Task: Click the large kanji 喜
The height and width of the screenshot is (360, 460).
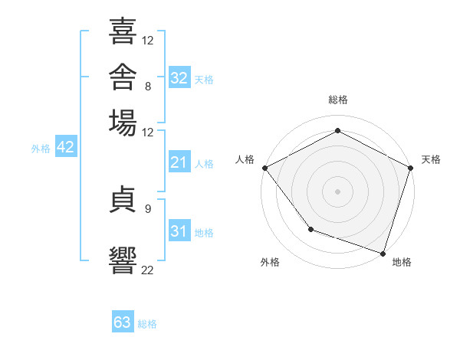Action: (123, 31)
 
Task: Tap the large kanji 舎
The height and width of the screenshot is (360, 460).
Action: (123, 77)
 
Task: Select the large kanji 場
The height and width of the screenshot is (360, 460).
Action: (123, 123)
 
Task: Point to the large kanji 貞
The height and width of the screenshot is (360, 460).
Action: (123, 199)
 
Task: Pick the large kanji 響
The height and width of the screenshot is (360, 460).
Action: (123, 260)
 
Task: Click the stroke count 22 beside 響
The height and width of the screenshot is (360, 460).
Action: (147, 270)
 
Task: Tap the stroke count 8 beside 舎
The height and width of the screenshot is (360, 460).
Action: (148, 87)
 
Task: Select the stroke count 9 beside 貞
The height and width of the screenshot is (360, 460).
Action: (148, 209)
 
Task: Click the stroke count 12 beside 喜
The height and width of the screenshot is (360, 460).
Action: (147, 41)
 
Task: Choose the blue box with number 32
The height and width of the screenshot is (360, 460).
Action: (179, 77)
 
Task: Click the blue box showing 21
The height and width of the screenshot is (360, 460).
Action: (179, 162)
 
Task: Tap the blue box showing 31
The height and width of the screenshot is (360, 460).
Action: (179, 230)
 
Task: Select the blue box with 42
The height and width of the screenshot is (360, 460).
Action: (66, 146)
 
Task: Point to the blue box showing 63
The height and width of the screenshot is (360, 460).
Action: (123, 321)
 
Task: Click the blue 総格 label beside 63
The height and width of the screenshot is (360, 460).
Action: (147, 324)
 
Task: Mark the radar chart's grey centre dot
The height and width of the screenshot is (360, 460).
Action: (337, 191)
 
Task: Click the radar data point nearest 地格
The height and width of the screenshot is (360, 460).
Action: (383, 254)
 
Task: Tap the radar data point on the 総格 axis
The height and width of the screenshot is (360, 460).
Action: (337, 130)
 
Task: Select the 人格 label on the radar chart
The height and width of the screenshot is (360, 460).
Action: (245, 159)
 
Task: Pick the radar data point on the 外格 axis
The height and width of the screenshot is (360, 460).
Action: (311, 229)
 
